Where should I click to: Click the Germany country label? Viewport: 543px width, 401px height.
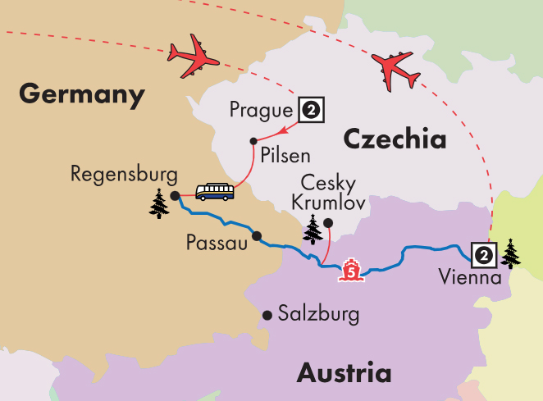coord(81,94)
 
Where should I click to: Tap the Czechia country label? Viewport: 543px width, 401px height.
coord(395,139)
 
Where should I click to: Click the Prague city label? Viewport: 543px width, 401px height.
coord(262,109)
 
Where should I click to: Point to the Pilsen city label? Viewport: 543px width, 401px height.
coord(281,154)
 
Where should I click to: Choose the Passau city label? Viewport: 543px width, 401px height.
coord(217,244)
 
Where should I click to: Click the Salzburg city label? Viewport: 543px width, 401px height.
coord(318,314)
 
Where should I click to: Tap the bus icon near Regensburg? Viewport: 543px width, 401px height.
coord(214,192)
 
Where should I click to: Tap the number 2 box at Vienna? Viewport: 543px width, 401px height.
coord(484,255)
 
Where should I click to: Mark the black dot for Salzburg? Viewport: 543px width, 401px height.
coord(267,315)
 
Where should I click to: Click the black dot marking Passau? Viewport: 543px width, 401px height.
coord(257,236)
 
